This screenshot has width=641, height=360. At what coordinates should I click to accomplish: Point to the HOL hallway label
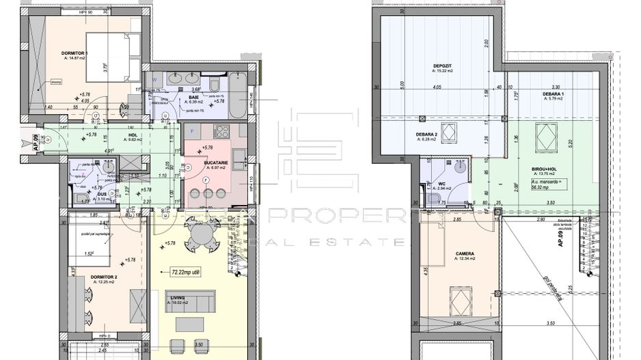(133, 135)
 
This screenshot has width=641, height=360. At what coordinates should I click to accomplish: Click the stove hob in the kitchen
(221, 131)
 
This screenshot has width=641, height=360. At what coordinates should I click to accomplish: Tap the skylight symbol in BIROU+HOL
(544, 137)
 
